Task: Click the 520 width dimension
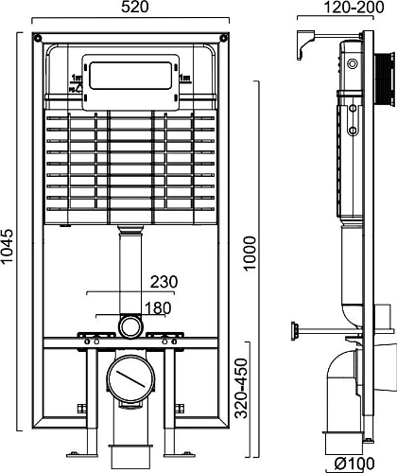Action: point(131,9)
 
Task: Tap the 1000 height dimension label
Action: point(249,254)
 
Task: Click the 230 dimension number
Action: point(163,280)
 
